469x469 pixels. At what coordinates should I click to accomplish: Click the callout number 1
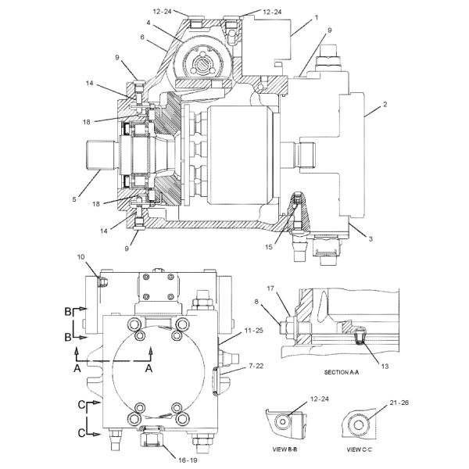click(x=317, y=18)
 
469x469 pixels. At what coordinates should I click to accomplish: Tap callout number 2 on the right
click(x=385, y=105)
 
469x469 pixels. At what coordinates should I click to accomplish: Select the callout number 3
click(x=371, y=238)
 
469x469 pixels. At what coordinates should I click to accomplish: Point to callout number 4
click(x=149, y=23)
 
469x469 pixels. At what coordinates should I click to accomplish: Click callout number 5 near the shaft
click(x=74, y=199)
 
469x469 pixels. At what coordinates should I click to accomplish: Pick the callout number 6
click(x=142, y=37)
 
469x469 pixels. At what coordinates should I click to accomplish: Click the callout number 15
click(x=269, y=247)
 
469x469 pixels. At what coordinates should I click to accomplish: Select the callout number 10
click(x=81, y=257)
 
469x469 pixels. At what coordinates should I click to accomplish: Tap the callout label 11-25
click(x=253, y=331)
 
